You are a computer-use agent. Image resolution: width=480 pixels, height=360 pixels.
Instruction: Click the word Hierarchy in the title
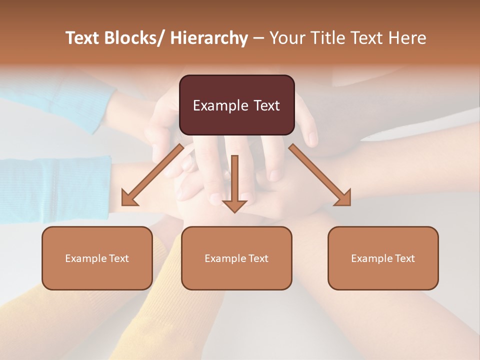[x=209, y=38]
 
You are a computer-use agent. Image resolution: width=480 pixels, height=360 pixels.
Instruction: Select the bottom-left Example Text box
[x=97, y=258]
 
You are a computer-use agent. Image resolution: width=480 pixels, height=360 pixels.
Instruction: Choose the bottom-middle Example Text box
[x=236, y=258]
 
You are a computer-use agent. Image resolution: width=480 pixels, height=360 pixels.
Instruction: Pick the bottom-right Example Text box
[x=383, y=258]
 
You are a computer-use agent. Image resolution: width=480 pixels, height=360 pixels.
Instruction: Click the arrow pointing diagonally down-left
[x=153, y=175]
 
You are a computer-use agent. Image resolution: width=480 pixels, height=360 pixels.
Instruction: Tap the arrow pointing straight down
[x=234, y=182]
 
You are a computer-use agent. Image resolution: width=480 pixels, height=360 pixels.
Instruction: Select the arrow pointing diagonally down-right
[x=320, y=175]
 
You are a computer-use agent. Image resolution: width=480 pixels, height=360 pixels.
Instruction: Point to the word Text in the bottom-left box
[x=119, y=258]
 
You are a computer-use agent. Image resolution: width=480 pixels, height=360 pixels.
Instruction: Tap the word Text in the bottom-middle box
[x=258, y=258]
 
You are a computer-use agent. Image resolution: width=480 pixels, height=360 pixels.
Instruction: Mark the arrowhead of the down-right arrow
[x=343, y=198]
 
